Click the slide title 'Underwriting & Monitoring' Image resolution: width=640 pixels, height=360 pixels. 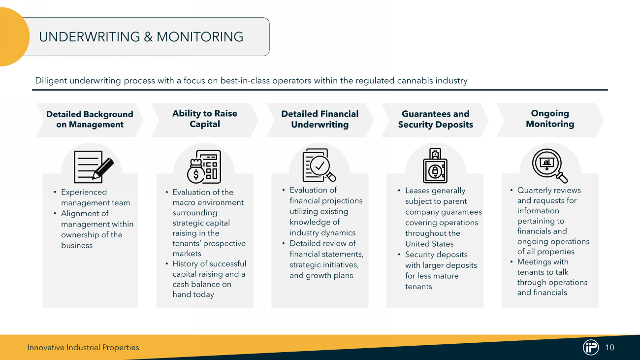pyautogui.click(x=141, y=37)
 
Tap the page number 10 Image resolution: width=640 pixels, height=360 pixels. pyautogui.click(x=609, y=348)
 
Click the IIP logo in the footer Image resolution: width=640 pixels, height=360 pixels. pyautogui.click(x=590, y=347)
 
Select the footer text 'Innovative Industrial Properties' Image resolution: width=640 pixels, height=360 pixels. pyautogui.click(x=83, y=348)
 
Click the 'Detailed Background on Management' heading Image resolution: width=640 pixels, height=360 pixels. pyautogui.click(x=90, y=119)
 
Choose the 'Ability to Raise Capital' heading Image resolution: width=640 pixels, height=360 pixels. pyautogui.click(x=205, y=119)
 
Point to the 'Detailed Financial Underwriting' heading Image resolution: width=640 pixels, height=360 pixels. pyautogui.click(x=320, y=119)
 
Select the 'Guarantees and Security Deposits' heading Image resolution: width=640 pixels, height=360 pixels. pyautogui.click(x=435, y=119)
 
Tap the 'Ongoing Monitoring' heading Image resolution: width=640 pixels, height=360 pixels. pyautogui.click(x=550, y=119)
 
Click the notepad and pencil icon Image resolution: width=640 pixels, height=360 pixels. pyautogui.click(x=93, y=167)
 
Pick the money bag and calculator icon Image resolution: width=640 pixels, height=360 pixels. pyautogui.click(x=204, y=167)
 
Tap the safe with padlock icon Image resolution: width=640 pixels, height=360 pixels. pyautogui.click(x=435, y=166)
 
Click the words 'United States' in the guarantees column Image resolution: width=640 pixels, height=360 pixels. pyautogui.click(x=429, y=244)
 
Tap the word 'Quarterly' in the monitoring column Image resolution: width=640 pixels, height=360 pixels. pyautogui.click(x=534, y=190)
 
